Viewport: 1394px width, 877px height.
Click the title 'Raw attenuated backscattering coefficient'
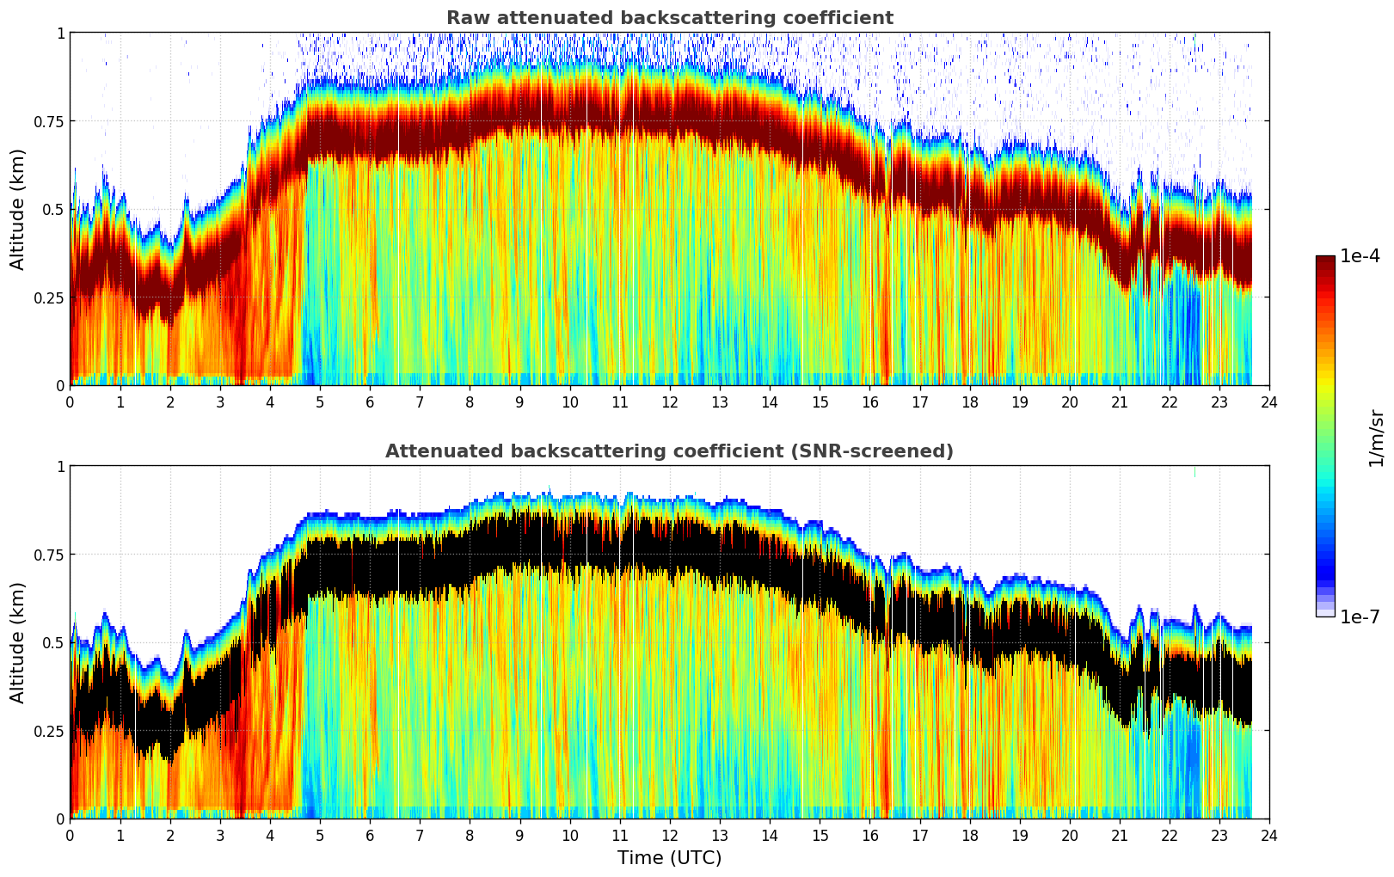coord(669,18)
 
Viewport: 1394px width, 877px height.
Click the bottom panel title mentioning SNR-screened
coord(669,451)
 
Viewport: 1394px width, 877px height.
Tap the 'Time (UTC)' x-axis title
coord(669,858)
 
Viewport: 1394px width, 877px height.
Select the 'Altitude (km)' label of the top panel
coord(18,209)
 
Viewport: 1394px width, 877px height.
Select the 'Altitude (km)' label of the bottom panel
coord(18,642)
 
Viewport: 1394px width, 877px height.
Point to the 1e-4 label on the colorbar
coord(1360,256)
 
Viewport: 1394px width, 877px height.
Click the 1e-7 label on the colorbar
coord(1360,616)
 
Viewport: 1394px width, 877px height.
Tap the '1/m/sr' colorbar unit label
coord(1376,438)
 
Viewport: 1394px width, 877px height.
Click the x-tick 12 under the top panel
coord(669,402)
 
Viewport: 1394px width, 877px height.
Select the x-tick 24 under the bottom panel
coord(1269,835)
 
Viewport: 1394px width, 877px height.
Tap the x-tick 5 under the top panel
coord(320,402)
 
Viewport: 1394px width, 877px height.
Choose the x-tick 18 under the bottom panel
coord(969,835)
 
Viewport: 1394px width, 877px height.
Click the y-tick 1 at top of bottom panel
coord(60,467)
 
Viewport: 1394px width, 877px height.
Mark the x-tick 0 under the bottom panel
coord(71,835)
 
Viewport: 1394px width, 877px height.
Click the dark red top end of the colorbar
coord(1325,260)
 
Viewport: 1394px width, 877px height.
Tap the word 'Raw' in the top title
coord(465,18)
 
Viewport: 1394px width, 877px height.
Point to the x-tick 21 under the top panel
coord(1120,402)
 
